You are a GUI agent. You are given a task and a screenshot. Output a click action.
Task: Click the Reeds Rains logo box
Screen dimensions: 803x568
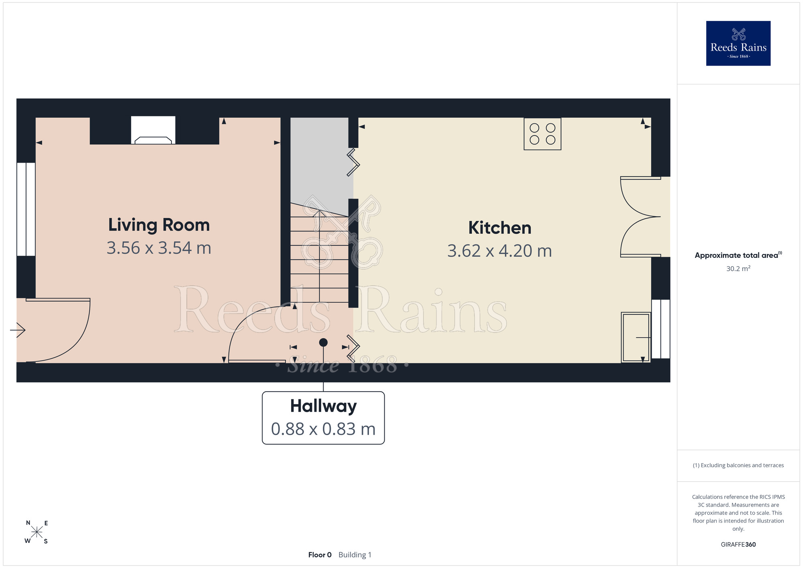point(738,43)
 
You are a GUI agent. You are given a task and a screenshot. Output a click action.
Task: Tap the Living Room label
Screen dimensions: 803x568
point(159,225)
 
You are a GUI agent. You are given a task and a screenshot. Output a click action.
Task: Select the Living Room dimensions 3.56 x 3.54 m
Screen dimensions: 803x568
point(159,248)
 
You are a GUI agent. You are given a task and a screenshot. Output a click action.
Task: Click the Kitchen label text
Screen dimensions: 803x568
point(500,228)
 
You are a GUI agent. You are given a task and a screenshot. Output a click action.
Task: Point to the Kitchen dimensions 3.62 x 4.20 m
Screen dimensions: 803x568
point(500,251)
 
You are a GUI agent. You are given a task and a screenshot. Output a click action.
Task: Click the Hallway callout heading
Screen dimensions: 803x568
point(323,407)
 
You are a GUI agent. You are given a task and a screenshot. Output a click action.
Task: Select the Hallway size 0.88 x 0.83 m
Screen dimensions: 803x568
point(323,429)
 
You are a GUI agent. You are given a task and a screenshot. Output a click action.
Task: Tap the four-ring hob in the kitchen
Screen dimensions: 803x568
point(542,134)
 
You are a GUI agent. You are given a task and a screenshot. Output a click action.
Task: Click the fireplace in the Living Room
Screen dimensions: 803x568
point(153,130)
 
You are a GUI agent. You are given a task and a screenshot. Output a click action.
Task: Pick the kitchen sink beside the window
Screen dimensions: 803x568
point(636,337)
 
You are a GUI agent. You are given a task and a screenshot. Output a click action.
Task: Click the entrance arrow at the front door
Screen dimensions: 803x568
point(18,330)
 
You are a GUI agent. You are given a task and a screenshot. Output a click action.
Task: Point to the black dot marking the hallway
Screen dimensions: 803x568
point(323,342)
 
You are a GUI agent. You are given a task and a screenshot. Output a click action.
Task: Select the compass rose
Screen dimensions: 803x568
point(37,532)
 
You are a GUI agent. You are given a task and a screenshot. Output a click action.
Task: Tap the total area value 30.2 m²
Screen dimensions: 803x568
point(738,268)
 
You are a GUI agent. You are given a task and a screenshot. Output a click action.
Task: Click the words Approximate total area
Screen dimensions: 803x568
point(736,255)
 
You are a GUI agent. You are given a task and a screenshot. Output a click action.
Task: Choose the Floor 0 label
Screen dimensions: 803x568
point(320,555)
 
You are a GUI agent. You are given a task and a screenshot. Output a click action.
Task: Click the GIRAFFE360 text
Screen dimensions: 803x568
point(738,545)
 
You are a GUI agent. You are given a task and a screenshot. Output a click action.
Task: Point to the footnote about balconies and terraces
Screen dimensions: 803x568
point(738,465)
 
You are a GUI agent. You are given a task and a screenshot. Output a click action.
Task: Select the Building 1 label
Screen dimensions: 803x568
point(355,555)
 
